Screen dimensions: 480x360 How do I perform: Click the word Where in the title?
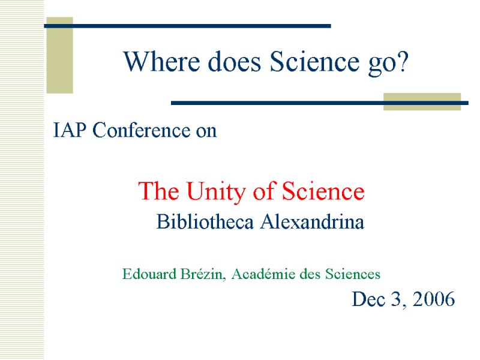[161, 62]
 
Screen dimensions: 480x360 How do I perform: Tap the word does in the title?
[235, 62]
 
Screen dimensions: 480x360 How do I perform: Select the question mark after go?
[403, 61]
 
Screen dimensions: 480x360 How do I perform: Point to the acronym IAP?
[70, 130]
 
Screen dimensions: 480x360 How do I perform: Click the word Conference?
[141, 130]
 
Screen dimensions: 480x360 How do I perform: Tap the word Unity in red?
[216, 191]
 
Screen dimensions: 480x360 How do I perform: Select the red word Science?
[323, 191]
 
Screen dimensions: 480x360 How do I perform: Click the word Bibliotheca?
[205, 221]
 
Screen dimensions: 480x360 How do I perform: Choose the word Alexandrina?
[312, 221]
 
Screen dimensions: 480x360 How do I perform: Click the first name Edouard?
[149, 274]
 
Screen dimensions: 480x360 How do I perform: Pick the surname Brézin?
[203, 274]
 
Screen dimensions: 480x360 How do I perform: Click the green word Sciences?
[353, 274]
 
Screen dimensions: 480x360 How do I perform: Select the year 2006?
[433, 299]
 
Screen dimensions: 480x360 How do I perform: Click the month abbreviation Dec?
[368, 299]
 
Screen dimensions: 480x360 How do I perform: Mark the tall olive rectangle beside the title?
[59, 55]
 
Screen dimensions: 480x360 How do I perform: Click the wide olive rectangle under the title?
[422, 101]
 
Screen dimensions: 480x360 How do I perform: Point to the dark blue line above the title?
[187, 26]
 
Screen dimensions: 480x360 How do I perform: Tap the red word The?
[158, 191]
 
